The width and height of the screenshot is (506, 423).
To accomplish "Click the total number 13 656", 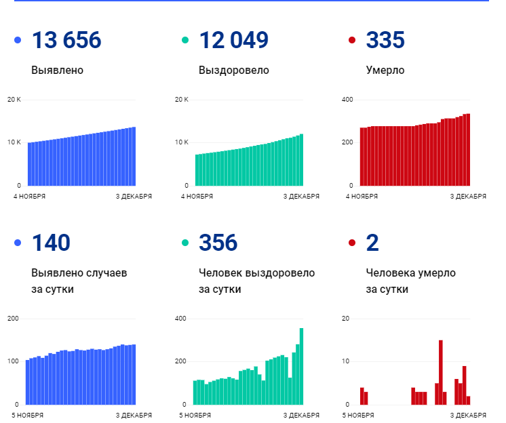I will coord(66,41).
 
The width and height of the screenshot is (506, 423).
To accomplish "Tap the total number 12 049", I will coord(233,41).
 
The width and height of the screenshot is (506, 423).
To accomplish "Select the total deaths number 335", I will coord(385,41).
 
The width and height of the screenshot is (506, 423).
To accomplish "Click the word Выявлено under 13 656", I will coord(58,70).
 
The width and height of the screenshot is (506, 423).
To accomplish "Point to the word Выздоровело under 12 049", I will coord(233,70).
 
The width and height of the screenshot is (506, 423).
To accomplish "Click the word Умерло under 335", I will coord(385,70).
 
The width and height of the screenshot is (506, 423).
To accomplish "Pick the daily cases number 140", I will coord(51,243).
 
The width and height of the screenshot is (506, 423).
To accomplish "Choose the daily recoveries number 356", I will coord(218,243).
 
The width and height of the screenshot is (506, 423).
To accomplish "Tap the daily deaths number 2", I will coord(372,243).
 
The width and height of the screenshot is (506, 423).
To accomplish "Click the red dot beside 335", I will coord(351,41).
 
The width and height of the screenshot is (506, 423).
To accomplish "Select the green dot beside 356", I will coord(184,243).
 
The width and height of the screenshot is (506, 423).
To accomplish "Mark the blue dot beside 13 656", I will coord(18,41).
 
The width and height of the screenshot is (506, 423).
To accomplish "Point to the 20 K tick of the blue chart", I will coord(14,100).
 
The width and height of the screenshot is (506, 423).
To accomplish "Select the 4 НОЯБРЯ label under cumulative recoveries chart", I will coord(197,197).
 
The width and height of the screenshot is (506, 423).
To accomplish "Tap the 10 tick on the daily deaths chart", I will coord(345,361).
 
